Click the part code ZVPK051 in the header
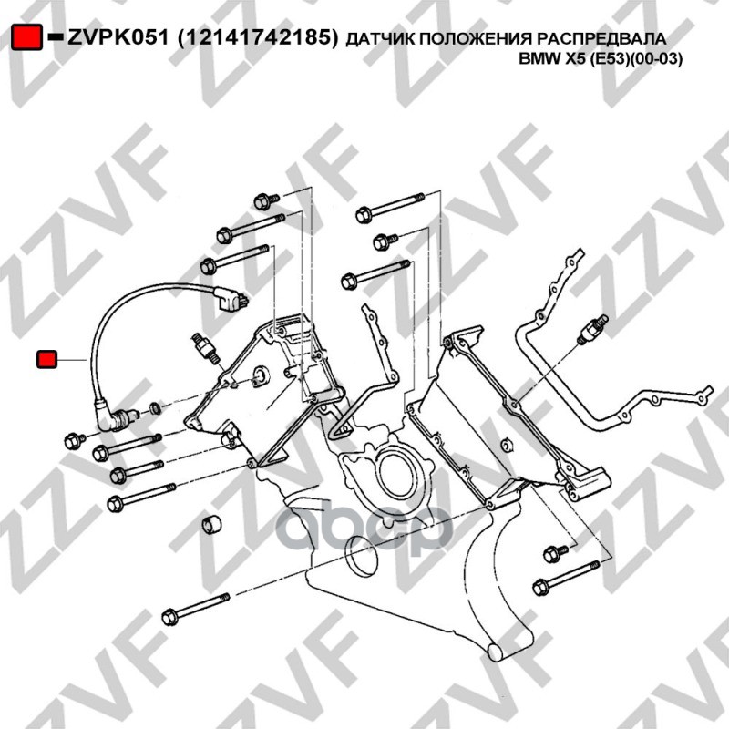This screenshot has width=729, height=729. point(118,37)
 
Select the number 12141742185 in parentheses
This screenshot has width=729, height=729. point(258,37)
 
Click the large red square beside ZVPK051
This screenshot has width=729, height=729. point(26,36)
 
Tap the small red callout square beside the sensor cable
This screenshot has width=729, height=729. point(46,359)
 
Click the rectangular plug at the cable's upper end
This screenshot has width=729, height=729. point(231,299)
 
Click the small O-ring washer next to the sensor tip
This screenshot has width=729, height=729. point(156,409)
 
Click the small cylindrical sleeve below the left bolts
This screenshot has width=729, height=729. point(211,524)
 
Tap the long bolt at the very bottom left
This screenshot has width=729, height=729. point(196,609)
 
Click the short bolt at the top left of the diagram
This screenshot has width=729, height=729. point(266,201)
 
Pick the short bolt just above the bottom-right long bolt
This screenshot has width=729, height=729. point(556,553)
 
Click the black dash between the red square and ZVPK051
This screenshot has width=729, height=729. point(56,36)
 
